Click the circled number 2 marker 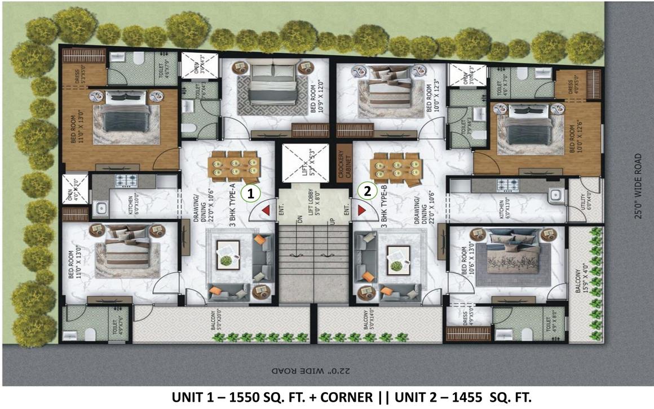(x=368, y=191)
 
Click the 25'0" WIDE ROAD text (x=638, y=186)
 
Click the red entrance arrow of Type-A (x=265, y=211)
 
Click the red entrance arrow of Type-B (x=361, y=211)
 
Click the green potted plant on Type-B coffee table (x=397, y=265)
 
